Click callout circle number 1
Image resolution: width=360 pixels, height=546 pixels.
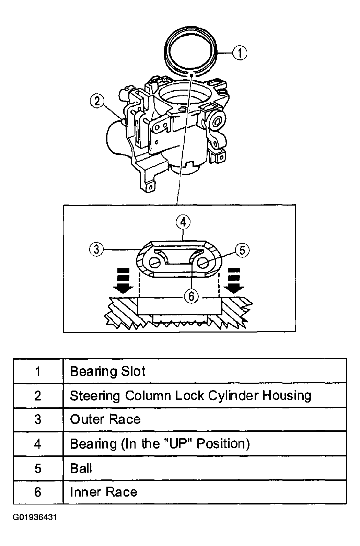pos(240,53)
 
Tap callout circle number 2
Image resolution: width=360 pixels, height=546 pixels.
pos(97,101)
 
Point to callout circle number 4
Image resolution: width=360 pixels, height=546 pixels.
pos(183,222)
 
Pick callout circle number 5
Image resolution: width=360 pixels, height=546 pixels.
pos(242,250)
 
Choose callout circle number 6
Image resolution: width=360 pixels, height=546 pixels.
pos(191,295)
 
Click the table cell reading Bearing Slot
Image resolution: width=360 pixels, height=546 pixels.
pos(108,371)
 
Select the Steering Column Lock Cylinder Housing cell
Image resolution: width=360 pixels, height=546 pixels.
pos(190,395)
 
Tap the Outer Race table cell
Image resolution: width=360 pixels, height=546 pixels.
pos(105,419)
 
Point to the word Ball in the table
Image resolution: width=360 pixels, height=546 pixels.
pos(81,468)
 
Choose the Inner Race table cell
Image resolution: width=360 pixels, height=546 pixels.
pos(104,492)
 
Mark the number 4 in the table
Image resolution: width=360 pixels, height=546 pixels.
pos(38,444)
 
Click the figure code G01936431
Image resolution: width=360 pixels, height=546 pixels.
pos(34,517)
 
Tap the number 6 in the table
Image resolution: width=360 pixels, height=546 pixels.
pos(38,492)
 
